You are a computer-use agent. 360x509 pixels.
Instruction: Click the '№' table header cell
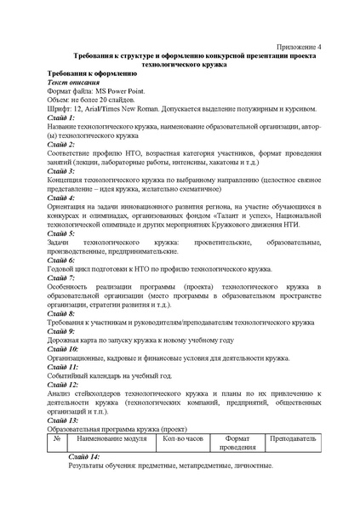[55, 438]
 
